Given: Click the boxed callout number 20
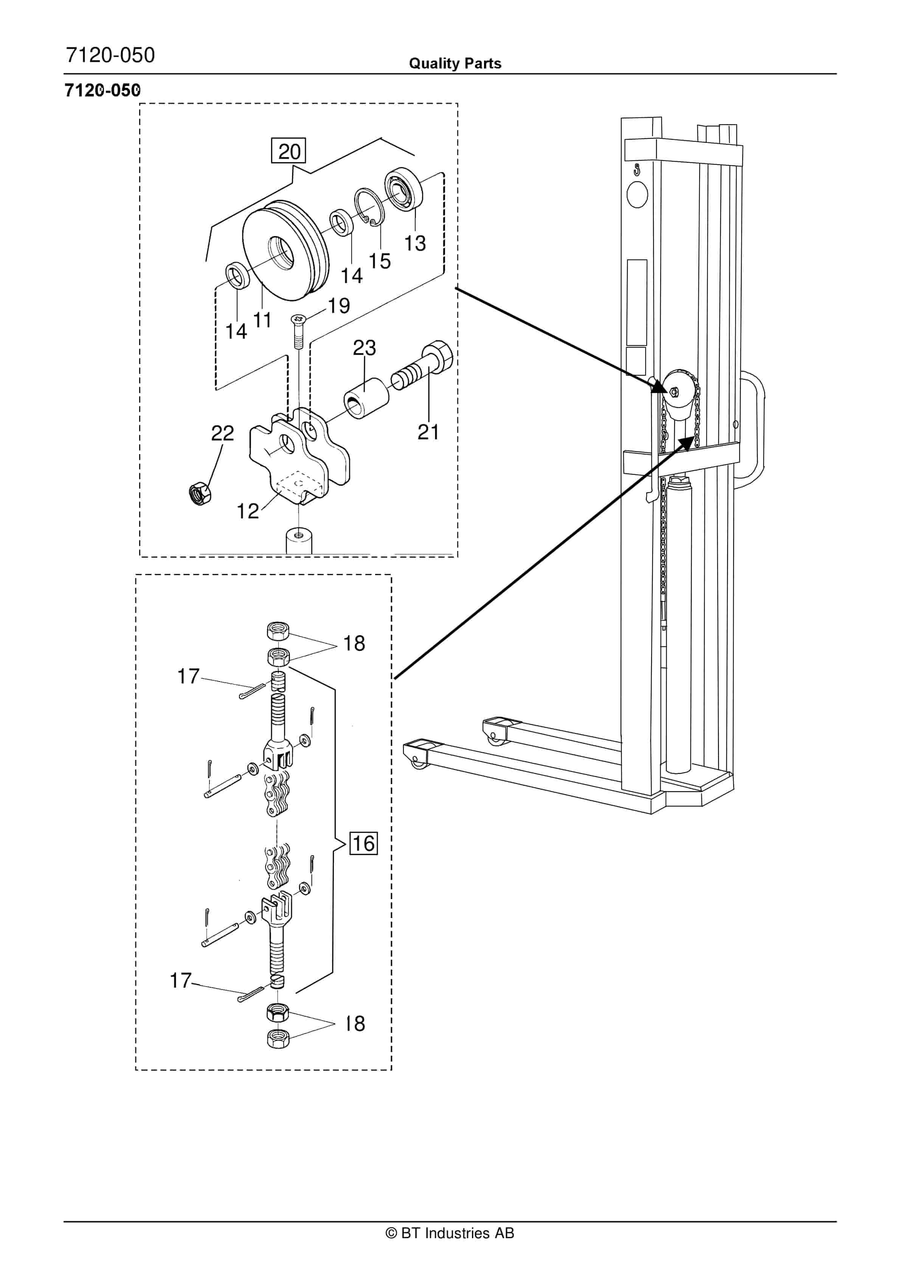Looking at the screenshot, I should (289, 151).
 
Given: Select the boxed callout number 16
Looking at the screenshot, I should (363, 843).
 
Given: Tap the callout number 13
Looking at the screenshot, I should (414, 243).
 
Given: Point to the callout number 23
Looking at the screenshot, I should (364, 348).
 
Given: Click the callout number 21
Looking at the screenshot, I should (428, 432).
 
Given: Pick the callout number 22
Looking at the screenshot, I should (222, 433).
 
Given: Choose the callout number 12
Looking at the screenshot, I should (247, 510).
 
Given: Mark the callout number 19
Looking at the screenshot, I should (338, 305).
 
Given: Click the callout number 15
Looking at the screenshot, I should (380, 261).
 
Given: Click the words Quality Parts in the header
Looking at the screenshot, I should (455, 64).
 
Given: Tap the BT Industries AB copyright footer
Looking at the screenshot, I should (450, 1233).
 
